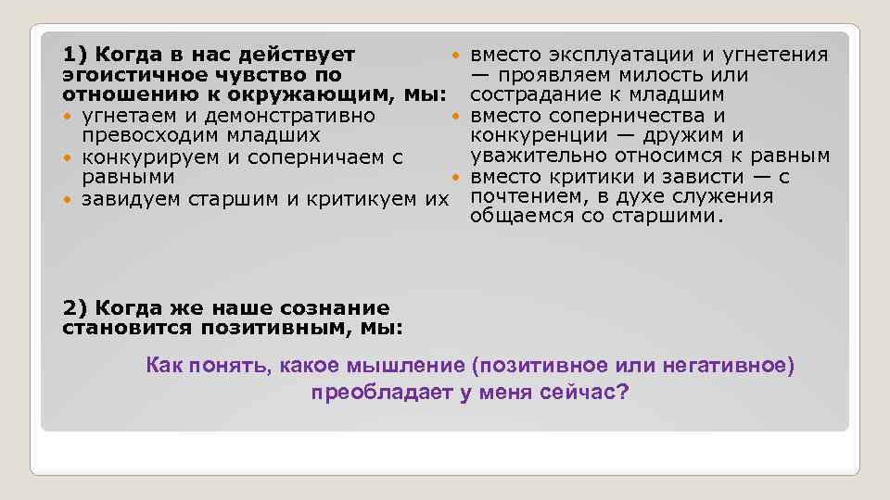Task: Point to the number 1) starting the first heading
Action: coord(74,55)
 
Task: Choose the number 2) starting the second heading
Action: coord(74,308)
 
